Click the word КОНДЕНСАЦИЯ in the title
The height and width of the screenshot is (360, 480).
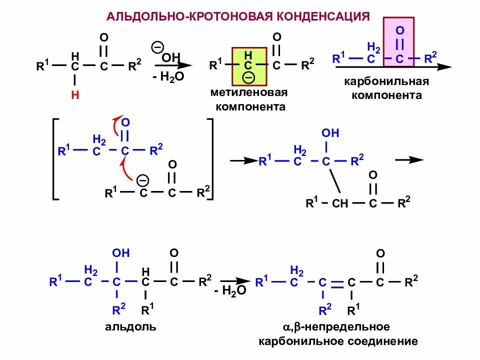coord(320,16)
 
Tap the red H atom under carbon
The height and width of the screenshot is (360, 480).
coord(75,95)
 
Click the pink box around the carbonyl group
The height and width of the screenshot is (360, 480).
coord(398,42)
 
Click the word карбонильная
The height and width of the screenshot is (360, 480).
coord(386,81)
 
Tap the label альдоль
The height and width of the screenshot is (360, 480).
coord(130,327)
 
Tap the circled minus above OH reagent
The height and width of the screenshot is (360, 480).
coord(157,47)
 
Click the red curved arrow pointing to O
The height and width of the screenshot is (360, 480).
coord(116,127)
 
